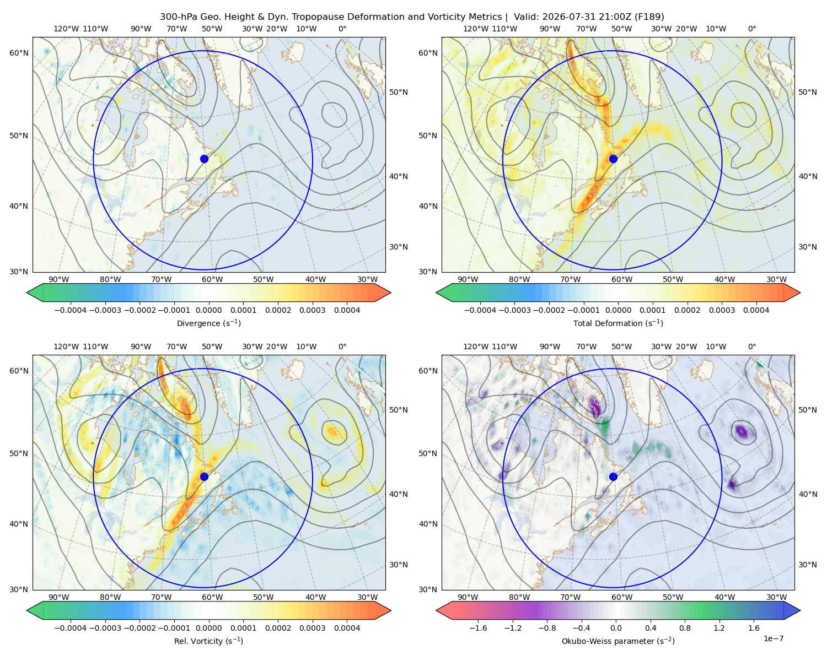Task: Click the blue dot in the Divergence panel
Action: click(204, 159)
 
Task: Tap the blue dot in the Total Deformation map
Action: click(613, 159)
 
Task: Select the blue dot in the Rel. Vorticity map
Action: click(204, 476)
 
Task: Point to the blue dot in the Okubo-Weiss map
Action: click(613, 476)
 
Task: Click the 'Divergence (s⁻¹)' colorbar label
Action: click(208, 323)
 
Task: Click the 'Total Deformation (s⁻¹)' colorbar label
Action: click(618, 323)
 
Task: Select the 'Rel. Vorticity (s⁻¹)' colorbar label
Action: click(208, 641)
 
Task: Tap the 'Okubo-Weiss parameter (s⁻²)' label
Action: click(618, 641)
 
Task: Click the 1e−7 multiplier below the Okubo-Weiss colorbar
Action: click(773, 638)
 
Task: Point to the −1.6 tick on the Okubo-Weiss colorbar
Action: click(478, 627)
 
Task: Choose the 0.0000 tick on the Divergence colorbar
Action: click(208, 310)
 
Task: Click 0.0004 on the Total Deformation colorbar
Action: click(756, 310)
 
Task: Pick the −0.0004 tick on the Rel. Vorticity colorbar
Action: click(71, 627)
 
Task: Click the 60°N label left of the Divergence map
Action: click(19, 53)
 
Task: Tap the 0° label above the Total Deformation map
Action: click(751, 29)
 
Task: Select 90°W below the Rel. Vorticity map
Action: click(59, 597)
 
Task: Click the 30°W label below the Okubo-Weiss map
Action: click(776, 597)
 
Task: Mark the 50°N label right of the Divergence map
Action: click(399, 92)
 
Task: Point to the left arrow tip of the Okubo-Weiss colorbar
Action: click(436, 610)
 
